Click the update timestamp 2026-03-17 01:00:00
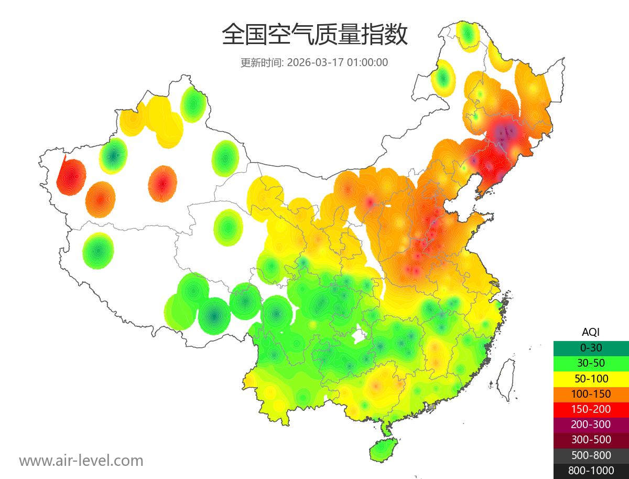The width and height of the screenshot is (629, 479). click(x=338, y=62)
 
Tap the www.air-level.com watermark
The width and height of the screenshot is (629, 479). click(x=81, y=461)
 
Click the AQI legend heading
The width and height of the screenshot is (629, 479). click(x=591, y=332)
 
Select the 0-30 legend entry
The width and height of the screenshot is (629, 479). click(x=591, y=347)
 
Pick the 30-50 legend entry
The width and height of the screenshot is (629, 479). click(x=591, y=363)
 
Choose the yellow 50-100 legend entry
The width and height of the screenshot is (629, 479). click(x=591, y=378)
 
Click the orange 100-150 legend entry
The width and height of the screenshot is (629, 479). click(x=591, y=393)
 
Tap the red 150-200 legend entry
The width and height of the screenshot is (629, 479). click(x=591, y=409)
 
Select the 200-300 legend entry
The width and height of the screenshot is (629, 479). click(x=591, y=424)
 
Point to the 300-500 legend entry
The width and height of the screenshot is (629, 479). click(x=591, y=440)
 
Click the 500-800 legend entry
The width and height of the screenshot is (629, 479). click(x=591, y=455)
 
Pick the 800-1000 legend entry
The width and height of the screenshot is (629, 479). click(x=591, y=471)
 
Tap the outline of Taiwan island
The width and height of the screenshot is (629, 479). click(x=506, y=379)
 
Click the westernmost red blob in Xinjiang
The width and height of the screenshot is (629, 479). click(x=71, y=177)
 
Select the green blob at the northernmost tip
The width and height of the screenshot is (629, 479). click(x=468, y=35)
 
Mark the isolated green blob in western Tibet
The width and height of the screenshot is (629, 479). click(x=98, y=251)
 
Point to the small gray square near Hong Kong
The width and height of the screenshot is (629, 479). click(x=431, y=407)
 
